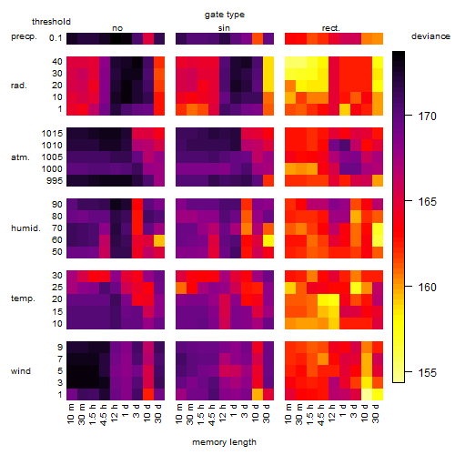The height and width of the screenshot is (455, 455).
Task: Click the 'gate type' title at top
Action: click(225, 15)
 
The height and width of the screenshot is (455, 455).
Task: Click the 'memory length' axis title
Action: click(224, 442)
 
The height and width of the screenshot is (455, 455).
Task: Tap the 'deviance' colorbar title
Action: click(430, 36)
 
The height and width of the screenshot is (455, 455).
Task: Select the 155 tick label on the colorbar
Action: click(427, 372)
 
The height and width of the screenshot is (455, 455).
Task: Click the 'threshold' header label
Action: click(51, 22)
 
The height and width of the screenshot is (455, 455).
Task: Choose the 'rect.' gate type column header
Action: click(330, 28)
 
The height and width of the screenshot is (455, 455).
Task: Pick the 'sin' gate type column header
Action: click(224, 28)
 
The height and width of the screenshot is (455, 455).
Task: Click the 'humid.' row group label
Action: click(25, 228)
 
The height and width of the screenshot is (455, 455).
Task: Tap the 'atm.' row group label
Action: click(20, 157)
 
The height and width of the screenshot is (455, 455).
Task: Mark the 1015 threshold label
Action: click(52, 134)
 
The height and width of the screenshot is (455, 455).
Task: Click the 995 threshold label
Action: click(55, 181)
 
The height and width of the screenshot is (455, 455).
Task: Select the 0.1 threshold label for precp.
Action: click(56, 38)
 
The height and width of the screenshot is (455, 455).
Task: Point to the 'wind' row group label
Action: click(21, 371)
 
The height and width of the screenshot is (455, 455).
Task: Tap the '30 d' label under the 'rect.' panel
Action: click(376, 414)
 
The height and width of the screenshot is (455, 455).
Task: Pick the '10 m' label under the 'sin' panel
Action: click(179, 414)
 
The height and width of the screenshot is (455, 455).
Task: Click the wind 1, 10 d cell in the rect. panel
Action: click(367, 395)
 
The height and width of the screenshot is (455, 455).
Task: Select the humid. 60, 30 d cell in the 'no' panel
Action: click(159, 240)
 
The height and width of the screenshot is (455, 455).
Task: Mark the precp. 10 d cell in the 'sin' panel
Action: click(258, 38)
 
